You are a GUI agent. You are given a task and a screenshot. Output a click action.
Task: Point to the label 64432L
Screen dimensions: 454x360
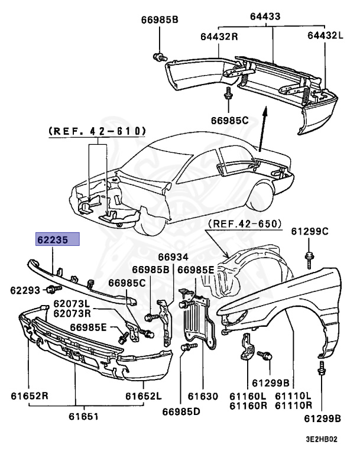tap(325, 37)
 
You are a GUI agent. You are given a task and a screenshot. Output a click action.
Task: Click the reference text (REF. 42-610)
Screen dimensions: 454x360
tap(95, 131)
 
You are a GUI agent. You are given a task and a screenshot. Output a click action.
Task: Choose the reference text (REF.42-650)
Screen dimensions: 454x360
tap(245, 223)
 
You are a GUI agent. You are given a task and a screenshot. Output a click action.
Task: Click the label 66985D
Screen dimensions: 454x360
tap(181, 409)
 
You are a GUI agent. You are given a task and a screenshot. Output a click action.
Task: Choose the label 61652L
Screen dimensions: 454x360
tap(142, 395)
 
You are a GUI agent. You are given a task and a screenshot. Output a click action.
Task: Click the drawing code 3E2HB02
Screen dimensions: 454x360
tap(321, 440)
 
